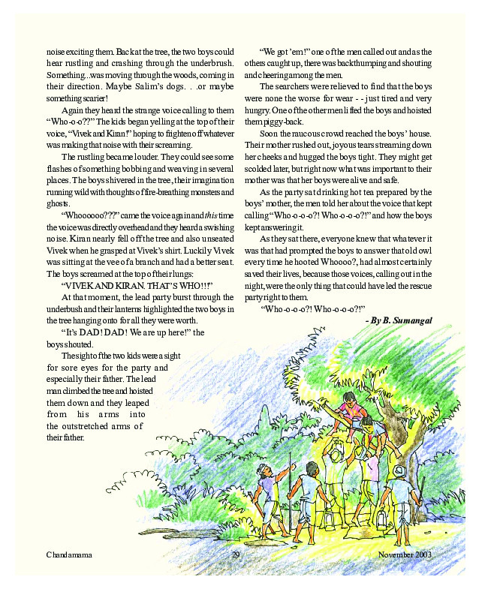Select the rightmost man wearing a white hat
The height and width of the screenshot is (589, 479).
tap(401, 491)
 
